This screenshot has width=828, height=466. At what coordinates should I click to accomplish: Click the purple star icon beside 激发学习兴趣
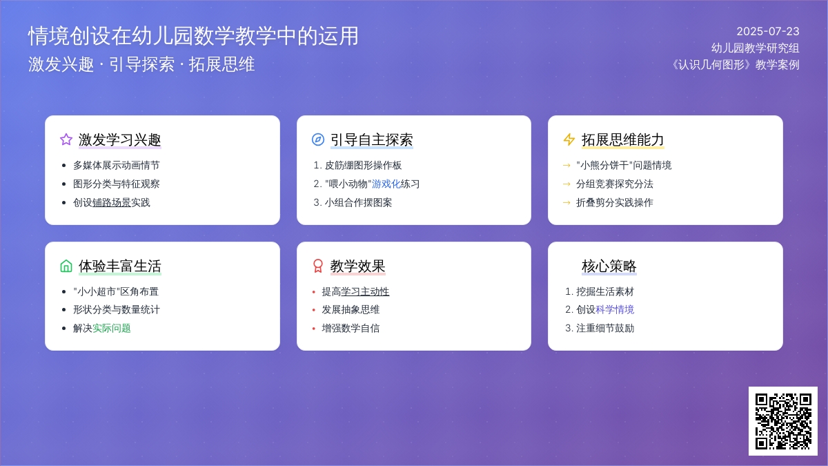tap(66, 139)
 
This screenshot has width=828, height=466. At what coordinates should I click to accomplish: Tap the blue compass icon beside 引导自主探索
tap(318, 139)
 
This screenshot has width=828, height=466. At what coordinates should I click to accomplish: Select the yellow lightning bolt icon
tap(569, 139)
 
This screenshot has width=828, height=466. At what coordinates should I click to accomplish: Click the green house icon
tap(66, 266)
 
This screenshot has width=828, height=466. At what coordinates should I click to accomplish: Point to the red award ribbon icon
tap(318, 266)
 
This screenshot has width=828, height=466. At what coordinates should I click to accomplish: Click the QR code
tap(783, 421)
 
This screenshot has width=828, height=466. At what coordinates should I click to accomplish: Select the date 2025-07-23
tap(768, 32)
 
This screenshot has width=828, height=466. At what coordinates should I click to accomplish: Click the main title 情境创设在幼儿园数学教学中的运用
tap(193, 36)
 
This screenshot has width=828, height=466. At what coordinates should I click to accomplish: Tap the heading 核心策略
tap(609, 266)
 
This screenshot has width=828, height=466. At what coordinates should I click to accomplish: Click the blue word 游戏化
tap(386, 184)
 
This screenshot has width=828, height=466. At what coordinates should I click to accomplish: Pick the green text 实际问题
tap(111, 328)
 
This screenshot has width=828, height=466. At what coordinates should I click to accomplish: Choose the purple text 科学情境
tap(615, 309)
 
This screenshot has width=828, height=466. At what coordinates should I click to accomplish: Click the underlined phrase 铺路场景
tap(111, 202)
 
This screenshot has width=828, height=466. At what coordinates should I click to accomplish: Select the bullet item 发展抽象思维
tap(351, 309)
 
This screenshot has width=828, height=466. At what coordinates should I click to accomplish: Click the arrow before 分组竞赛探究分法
tap(566, 184)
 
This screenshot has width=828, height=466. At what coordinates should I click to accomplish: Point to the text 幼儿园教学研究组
tap(755, 48)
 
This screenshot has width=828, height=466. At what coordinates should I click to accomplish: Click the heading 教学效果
tap(357, 266)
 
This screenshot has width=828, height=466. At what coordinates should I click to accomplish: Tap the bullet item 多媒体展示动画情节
tap(116, 165)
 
